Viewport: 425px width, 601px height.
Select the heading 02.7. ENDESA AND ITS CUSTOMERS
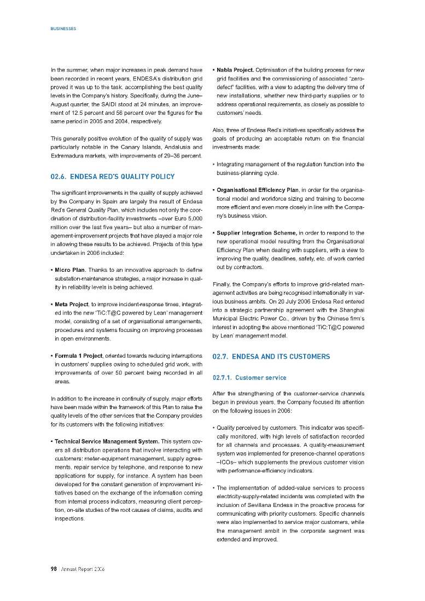pos(271,357)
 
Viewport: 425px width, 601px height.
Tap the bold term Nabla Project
pos(235,71)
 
